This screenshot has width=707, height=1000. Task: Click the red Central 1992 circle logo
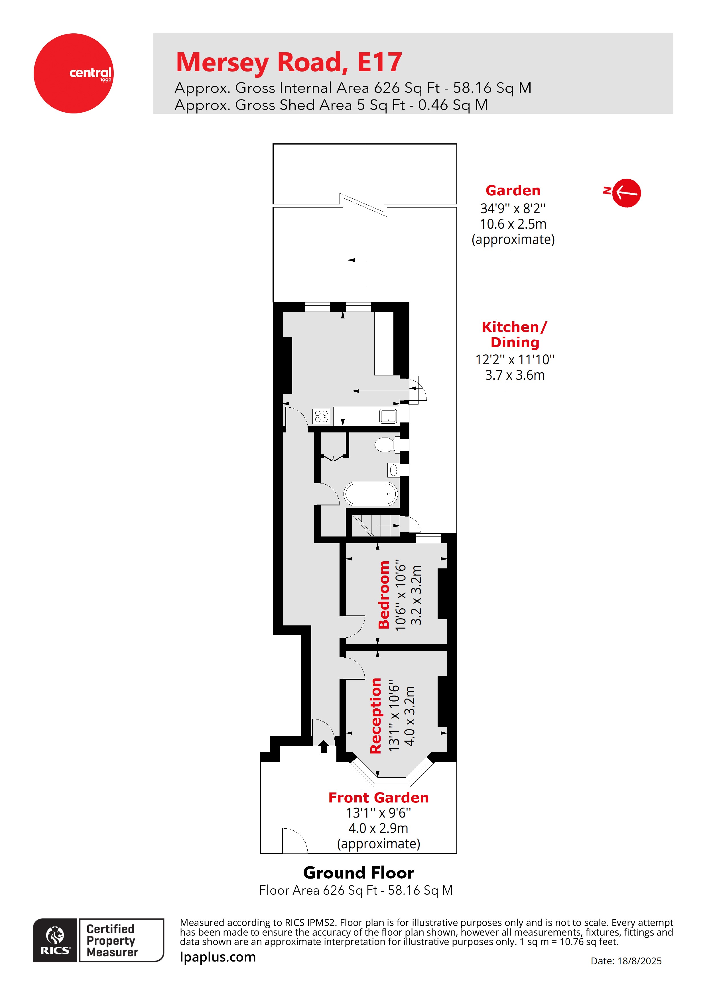point(73,73)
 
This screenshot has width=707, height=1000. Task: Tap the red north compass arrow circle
point(626,192)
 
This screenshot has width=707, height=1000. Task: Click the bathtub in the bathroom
point(371,494)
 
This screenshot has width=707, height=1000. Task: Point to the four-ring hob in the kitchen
point(322,416)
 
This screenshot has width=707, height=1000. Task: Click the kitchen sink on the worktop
point(388,416)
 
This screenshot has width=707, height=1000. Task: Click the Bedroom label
point(384,595)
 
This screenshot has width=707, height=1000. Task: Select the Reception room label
point(375,715)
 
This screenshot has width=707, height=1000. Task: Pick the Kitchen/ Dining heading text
point(515,334)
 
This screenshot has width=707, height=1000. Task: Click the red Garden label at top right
point(513,190)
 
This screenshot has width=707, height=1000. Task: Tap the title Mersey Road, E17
point(289,62)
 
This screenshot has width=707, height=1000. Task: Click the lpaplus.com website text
point(218,957)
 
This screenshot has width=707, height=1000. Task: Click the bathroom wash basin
point(393,470)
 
